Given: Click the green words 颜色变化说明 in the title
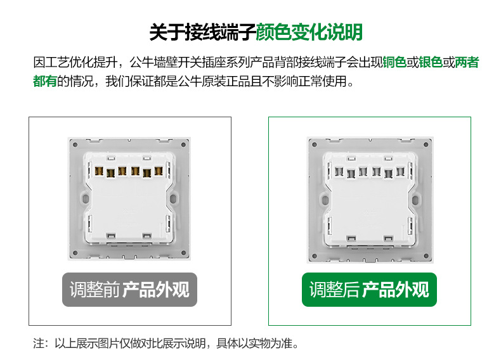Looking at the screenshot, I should click(309, 31).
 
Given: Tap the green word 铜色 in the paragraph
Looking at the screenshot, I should click(394, 63).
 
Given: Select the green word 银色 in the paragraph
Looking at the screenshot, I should click(431, 63).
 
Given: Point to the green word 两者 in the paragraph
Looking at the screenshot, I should click(467, 63).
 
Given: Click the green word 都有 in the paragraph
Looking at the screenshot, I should click(45, 82).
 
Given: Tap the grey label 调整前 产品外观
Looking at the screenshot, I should click(129, 290).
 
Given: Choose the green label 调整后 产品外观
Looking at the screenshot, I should click(369, 290).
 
